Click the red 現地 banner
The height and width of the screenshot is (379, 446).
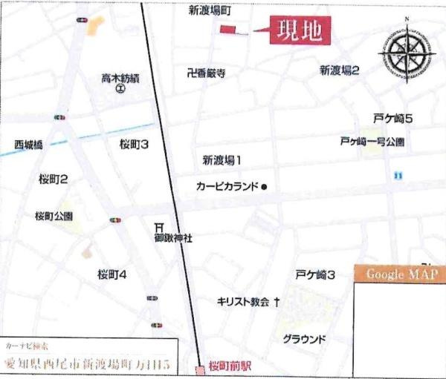299,31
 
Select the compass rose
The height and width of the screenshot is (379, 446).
407,53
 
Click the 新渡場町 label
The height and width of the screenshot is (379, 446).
210,11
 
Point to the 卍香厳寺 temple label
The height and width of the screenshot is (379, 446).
207,73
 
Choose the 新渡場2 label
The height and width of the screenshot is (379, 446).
340,70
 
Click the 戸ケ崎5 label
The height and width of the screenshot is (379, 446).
393,119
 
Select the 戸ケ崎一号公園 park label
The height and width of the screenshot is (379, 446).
372,140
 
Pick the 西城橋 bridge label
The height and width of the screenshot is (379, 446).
29,143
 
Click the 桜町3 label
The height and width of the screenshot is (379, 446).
134,145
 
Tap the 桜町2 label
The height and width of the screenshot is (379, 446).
54,179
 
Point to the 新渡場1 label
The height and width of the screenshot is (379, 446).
222,159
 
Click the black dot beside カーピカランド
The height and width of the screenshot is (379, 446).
264,187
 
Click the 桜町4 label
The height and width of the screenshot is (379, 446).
112,274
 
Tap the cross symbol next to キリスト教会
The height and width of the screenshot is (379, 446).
277,302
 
